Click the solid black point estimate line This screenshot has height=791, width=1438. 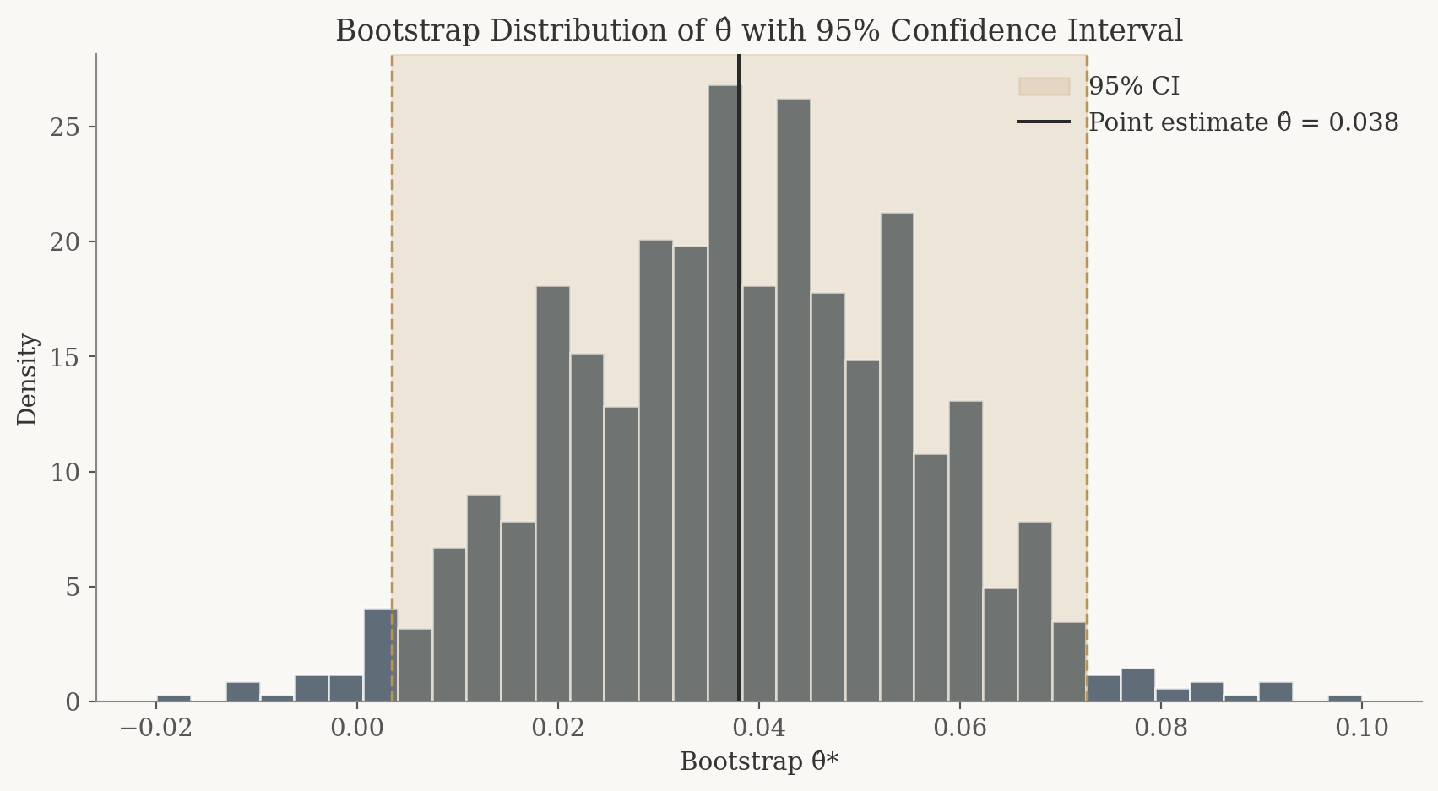[740, 253]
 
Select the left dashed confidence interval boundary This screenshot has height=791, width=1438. [392, 338]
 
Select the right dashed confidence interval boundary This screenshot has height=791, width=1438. [1087, 338]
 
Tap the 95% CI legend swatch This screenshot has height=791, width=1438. [1044, 87]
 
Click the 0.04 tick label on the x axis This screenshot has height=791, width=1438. [759, 728]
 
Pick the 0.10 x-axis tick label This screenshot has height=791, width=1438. [1361, 728]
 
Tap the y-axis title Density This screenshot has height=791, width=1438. [28, 379]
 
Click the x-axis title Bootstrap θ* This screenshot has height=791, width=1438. [759, 761]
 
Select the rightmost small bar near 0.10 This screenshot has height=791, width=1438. [1344, 698]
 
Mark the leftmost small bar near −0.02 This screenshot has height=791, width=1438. [174, 698]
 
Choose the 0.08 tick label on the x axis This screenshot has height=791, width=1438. [1160, 728]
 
